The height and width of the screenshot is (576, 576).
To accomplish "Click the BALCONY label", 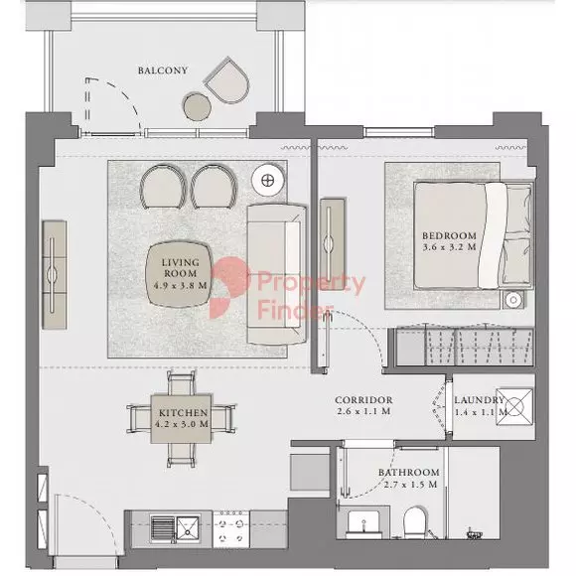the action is point(163,71).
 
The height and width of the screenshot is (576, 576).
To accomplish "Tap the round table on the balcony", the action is point(198,106).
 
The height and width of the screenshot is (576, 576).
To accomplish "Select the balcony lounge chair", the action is point(227,80).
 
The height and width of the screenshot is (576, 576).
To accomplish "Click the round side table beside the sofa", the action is point(268,181).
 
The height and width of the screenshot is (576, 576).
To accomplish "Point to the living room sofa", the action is point(277,274).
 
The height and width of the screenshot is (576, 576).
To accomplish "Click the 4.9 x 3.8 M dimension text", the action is point(181,285).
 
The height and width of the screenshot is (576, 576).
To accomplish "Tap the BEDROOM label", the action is point(449,235).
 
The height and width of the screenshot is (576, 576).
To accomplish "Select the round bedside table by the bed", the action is point(513,300).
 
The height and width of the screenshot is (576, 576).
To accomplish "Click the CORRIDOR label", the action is point(363,399).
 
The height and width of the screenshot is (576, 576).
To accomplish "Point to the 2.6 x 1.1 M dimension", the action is point(363,411).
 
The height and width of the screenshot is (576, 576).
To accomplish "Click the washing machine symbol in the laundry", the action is point(514,406).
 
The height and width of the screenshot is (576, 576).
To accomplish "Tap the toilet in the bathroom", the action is point(415,522).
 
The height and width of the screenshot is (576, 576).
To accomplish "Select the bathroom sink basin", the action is point(363,523).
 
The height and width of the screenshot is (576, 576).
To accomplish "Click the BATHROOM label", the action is point(409,472).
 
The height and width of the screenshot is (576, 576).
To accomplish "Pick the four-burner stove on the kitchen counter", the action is point(231,529).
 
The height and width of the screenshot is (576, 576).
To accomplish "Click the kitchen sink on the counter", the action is point(175,528).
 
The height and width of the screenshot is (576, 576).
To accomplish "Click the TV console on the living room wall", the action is point(55,274).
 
